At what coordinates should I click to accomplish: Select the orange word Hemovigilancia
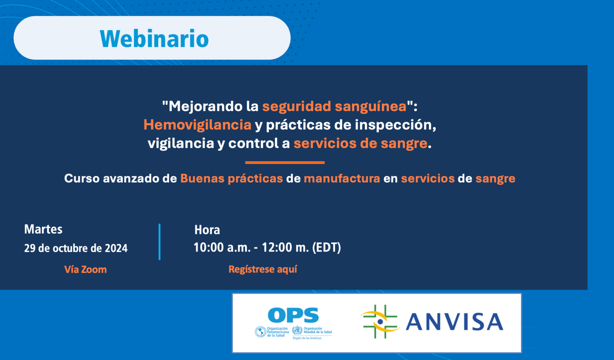point(197,124)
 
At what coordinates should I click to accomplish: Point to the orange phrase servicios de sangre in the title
point(360,143)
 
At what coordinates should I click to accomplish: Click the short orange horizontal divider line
point(285,162)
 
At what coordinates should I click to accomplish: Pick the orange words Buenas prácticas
point(231,178)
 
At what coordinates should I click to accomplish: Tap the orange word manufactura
point(342,178)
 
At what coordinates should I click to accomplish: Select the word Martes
point(43,229)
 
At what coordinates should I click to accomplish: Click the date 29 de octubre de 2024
point(76,248)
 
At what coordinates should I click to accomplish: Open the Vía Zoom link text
point(85,269)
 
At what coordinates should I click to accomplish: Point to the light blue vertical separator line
point(159,242)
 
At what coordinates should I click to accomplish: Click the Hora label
point(207,229)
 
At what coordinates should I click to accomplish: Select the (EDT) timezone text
point(326,248)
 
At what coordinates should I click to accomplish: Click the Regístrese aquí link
point(262,269)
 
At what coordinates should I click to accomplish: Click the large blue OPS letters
point(293,315)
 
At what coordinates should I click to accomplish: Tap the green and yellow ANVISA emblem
point(379,322)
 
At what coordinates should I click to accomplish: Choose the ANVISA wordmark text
point(454,322)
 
